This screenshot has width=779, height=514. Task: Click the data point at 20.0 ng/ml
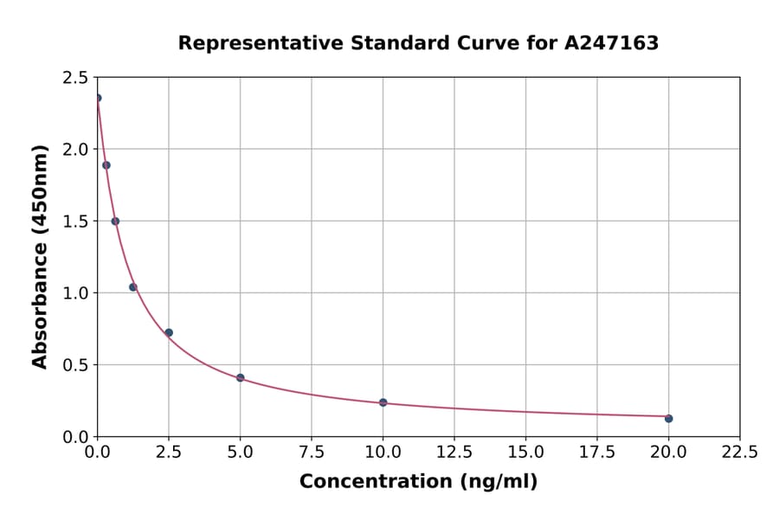(x=668, y=419)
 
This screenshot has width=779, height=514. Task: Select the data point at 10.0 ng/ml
(x=383, y=402)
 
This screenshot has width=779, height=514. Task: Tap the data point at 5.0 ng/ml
(x=241, y=378)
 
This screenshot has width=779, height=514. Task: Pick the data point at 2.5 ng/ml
(x=169, y=332)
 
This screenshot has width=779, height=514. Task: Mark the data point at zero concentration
(x=98, y=98)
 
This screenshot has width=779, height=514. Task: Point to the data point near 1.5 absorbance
(x=115, y=221)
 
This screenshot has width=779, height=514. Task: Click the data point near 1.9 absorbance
(x=106, y=165)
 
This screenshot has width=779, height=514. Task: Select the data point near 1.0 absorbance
(x=133, y=287)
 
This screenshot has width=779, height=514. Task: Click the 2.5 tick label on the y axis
(x=74, y=78)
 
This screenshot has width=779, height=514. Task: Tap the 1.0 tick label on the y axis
(x=74, y=293)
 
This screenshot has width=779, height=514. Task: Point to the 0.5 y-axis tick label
(x=74, y=365)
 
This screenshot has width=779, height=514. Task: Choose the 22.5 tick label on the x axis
(x=739, y=453)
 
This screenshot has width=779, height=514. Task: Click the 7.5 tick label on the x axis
(x=312, y=453)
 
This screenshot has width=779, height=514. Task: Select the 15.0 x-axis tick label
(x=525, y=453)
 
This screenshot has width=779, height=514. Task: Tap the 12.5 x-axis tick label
(x=454, y=453)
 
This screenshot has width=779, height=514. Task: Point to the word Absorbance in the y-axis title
(x=40, y=292)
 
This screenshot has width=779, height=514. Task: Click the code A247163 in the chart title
(x=612, y=43)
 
